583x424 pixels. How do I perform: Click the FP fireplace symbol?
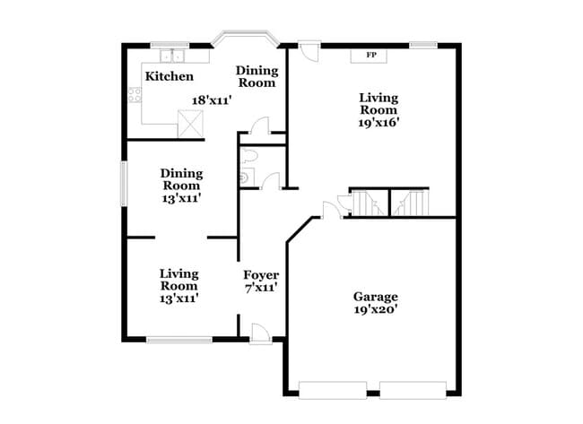tap(370, 56)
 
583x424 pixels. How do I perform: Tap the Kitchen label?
tap(170, 77)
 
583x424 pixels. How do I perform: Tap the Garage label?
tap(375, 296)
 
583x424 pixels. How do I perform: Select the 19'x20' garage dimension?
tap(375, 309)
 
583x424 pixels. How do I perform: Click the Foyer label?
tap(261, 274)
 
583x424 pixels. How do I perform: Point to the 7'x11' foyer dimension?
tap(261, 288)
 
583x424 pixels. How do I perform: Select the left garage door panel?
tap(332, 390)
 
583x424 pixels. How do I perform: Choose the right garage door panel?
tap(413, 390)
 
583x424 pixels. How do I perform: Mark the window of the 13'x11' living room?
tap(178, 339)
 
